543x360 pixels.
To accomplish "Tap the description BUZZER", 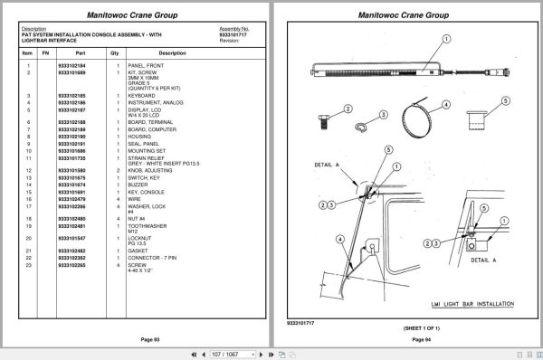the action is (x=139, y=185).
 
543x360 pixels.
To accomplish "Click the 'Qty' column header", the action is (x=115, y=53).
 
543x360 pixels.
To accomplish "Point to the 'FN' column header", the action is (x=44, y=53).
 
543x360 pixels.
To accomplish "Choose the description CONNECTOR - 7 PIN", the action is (x=154, y=258).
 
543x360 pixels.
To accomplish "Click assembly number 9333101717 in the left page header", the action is (x=234, y=33).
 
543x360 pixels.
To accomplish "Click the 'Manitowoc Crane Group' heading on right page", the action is (x=408, y=15).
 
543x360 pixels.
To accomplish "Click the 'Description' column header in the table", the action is (x=172, y=53).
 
